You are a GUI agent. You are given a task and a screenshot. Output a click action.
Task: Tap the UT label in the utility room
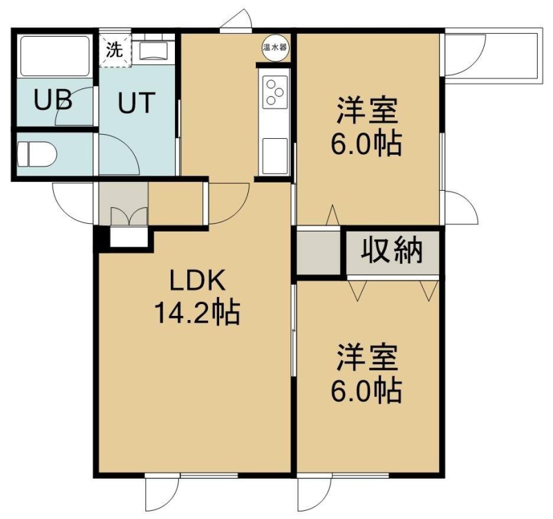click(x=136, y=102)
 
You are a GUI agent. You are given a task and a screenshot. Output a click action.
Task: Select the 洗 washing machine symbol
click(x=115, y=50)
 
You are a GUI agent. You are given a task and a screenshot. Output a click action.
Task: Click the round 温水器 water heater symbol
click(x=274, y=48)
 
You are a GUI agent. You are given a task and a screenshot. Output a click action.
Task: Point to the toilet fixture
click(x=37, y=154)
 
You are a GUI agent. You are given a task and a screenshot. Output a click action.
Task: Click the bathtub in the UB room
click(x=55, y=56)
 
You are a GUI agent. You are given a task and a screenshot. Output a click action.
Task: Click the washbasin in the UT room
click(x=153, y=50)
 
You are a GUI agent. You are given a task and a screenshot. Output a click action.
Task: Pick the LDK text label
click(x=198, y=281)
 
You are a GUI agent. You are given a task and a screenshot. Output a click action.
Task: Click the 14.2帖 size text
click(x=198, y=312)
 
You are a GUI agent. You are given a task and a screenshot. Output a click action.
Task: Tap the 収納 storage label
click(x=392, y=252)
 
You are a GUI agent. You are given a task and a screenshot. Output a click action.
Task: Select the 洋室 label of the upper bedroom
click(x=367, y=111)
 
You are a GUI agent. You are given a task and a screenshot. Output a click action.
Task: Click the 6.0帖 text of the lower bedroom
click(x=366, y=390)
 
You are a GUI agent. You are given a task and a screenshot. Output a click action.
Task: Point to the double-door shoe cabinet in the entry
click(x=129, y=216)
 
